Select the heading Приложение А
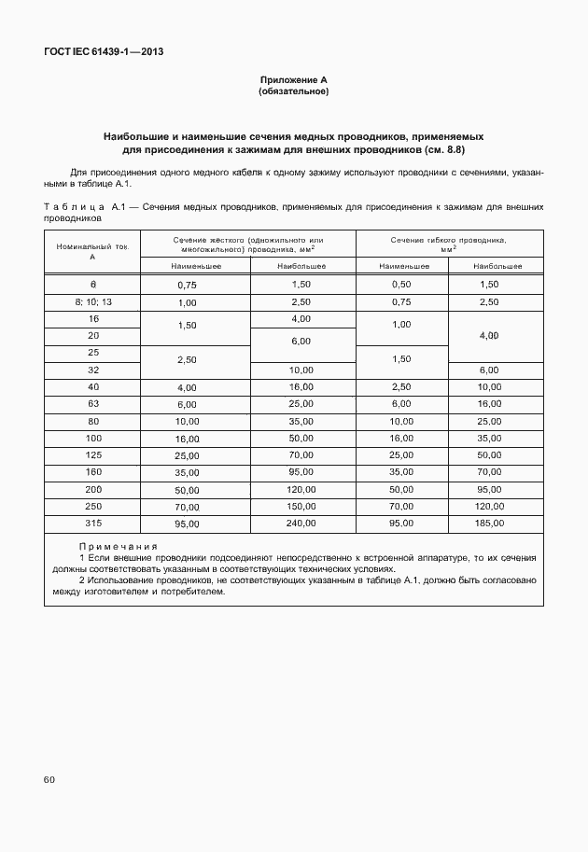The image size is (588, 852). coord(293,80)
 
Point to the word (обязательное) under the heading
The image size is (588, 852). coord(293,91)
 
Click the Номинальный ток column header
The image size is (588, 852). coord(91,250)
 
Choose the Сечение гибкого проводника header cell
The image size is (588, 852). coord(449,244)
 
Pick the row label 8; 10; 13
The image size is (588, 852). coord(91,302)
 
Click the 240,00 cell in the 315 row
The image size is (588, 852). coord(303,524)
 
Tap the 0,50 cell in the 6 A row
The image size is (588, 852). coord(401,284)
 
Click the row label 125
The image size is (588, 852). coord(91,454)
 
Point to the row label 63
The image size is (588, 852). coord(91,403)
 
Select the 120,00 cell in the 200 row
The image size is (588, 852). coord(303,488)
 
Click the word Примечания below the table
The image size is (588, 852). coord(118,546)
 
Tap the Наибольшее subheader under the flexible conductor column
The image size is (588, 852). coord(496,266)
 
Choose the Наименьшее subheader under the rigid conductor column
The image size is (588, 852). coord(195,266)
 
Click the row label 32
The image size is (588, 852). coord(91,370)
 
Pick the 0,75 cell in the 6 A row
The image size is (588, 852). coord(187,285)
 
